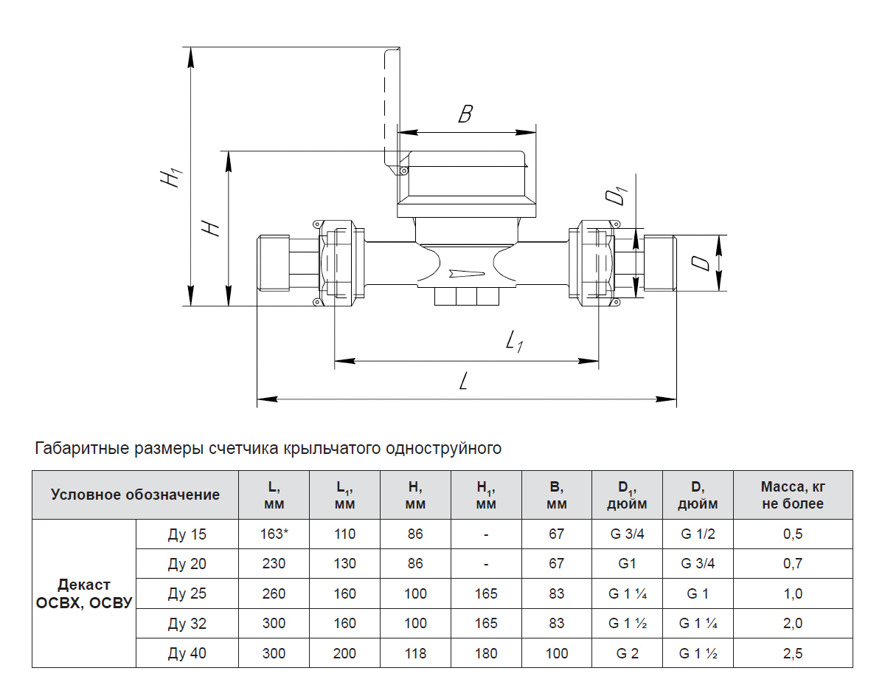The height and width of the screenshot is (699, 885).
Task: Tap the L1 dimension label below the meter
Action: click(x=514, y=341)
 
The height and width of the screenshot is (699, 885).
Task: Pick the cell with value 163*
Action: click(x=274, y=534)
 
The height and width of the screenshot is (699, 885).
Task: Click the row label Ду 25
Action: click(x=187, y=593)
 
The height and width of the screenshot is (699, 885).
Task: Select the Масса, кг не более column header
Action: click(x=793, y=495)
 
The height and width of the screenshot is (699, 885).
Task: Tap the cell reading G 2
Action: click(x=627, y=653)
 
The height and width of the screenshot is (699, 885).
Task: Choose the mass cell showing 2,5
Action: click(x=793, y=653)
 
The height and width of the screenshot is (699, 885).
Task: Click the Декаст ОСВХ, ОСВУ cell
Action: click(x=84, y=593)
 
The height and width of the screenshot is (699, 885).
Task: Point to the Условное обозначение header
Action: click(x=135, y=495)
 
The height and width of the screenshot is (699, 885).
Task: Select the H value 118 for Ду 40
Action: click(x=415, y=653)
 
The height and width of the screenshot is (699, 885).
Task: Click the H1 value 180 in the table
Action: click(x=486, y=653)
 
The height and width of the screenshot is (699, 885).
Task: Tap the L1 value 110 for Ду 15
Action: click(x=344, y=534)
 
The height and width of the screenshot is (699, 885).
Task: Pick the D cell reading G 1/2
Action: click(x=698, y=534)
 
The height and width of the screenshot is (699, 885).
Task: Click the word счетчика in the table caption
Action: click(x=245, y=448)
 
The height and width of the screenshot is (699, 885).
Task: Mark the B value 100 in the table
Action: click(x=557, y=653)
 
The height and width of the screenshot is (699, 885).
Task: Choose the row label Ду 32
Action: click(x=187, y=624)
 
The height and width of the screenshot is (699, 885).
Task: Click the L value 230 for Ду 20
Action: click(x=274, y=564)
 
